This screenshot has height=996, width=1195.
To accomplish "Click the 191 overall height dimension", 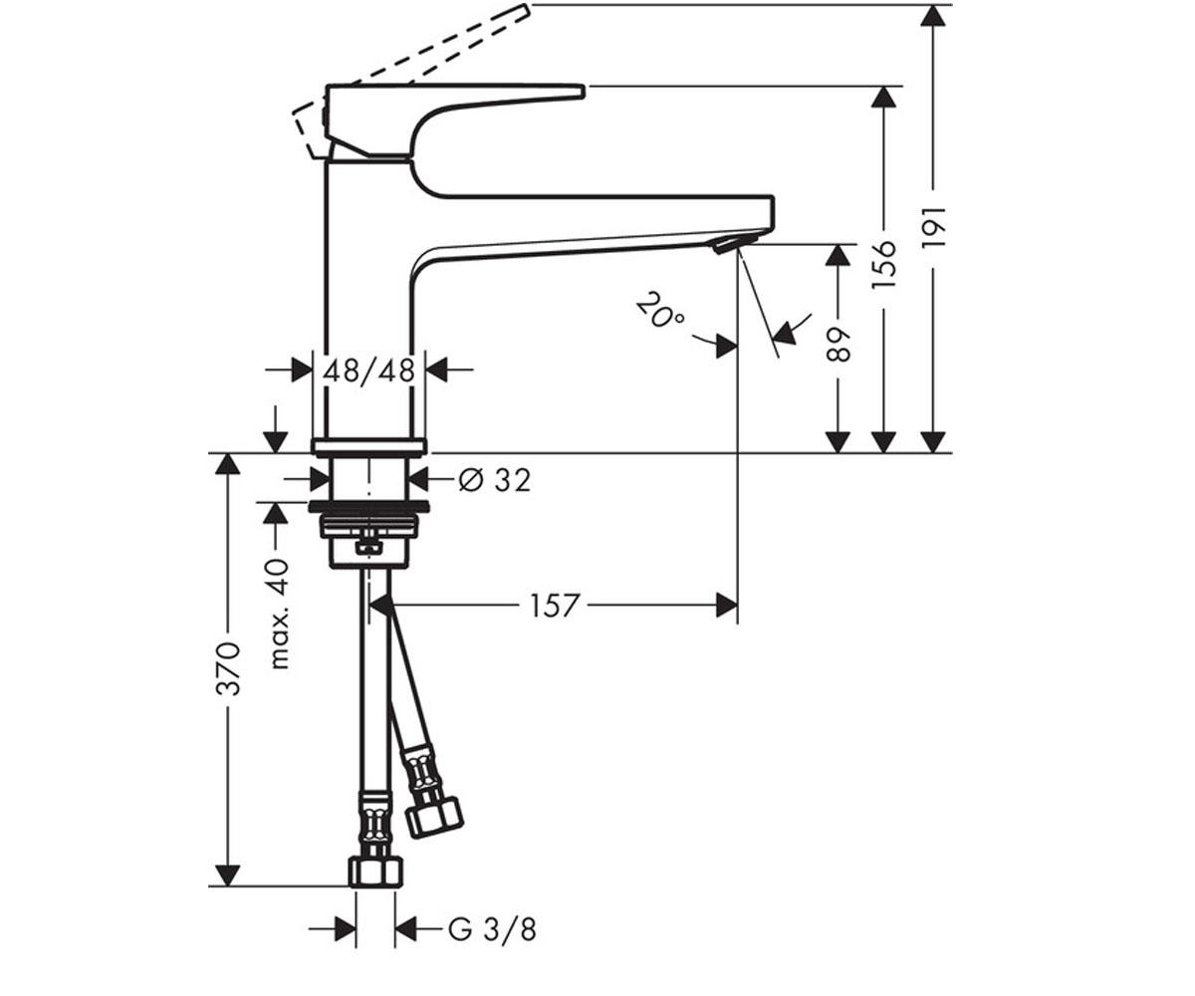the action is pyautogui.click(x=933, y=227).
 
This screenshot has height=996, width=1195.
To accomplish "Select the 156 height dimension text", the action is pyautogui.click(x=883, y=265).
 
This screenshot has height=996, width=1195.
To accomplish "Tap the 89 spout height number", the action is pyautogui.click(x=838, y=346).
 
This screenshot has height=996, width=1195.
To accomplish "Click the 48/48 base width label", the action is pyautogui.click(x=368, y=371).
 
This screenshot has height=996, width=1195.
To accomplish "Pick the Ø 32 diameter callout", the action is pyautogui.click(x=495, y=480).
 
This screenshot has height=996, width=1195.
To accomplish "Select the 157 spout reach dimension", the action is pyautogui.click(x=555, y=606).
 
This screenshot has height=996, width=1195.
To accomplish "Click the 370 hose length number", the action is pyautogui.click(x=228, y=669).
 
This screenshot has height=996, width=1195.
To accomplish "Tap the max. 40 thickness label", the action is pyautogui.click(x=279, y=614).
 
